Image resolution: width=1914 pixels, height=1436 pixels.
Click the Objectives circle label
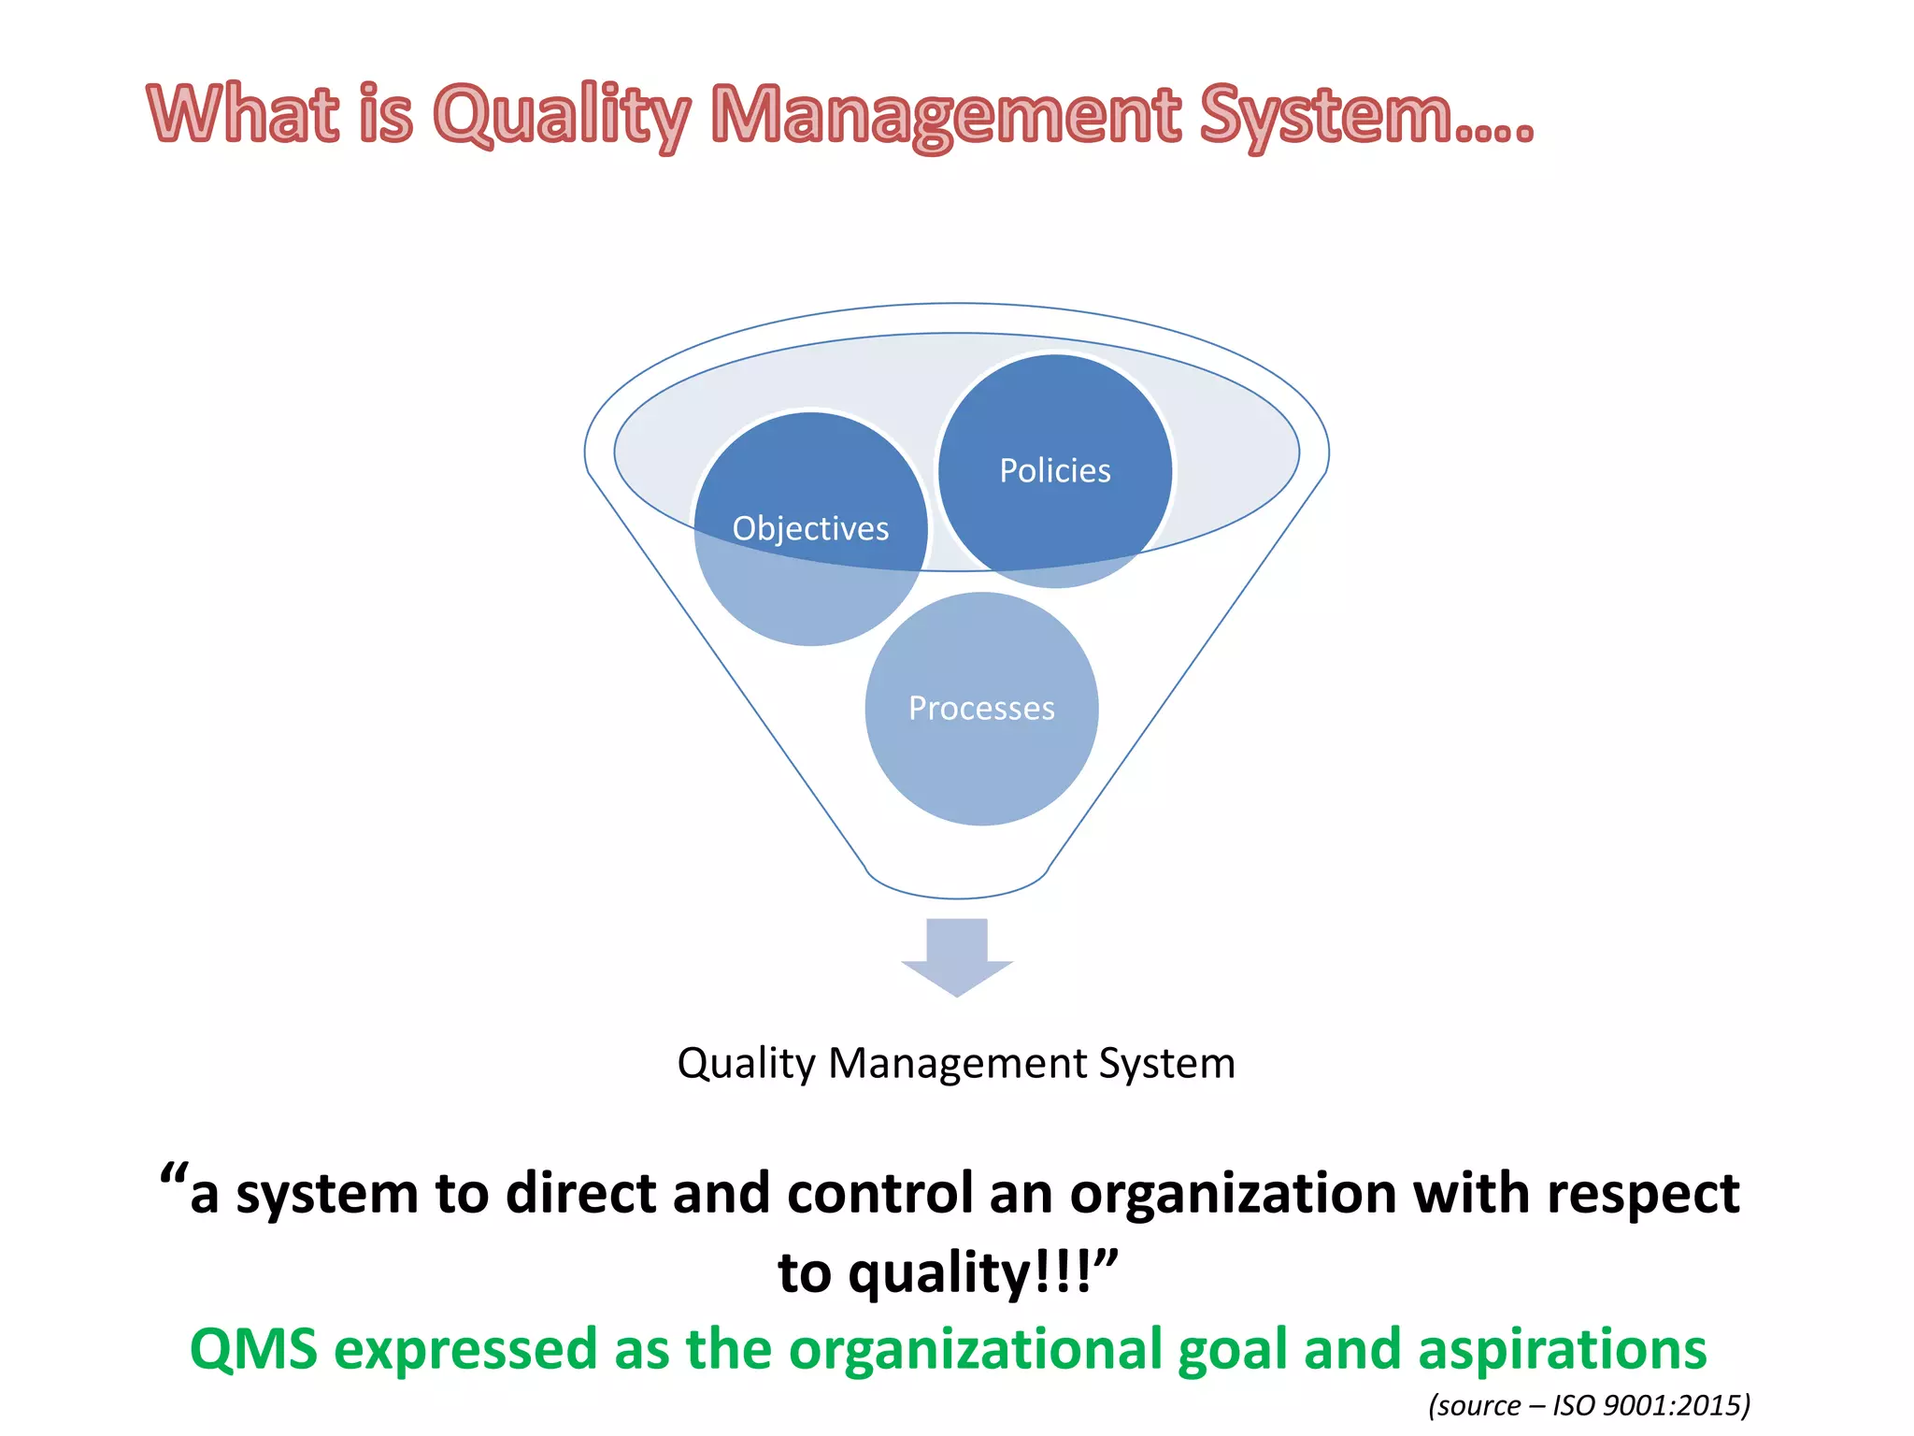(x=810, y=529)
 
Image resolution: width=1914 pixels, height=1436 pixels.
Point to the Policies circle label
(x=1055, y=471)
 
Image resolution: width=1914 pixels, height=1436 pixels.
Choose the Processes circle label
(x=981, y=709)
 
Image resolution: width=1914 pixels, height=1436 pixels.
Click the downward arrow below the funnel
(x=957, y=958)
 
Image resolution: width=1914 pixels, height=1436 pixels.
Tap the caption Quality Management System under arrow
(x=956, y=1064)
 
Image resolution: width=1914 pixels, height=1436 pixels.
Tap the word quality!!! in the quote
(x=972, y=1273)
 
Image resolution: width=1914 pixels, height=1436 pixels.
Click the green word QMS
(x=253, y=1350)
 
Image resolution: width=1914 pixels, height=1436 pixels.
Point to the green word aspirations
(x=1562, y=1350)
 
